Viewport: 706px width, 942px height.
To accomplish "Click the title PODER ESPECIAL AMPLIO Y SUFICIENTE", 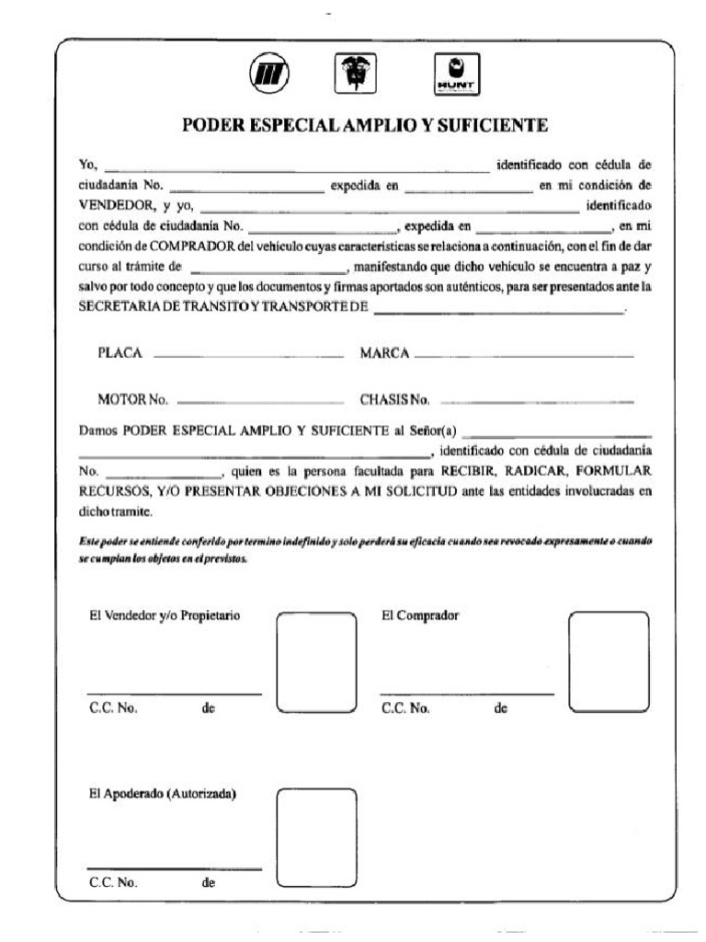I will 366,124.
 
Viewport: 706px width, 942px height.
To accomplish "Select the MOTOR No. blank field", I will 258,401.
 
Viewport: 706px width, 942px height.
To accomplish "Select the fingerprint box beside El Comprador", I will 609,661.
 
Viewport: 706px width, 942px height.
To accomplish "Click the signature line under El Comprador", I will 467,694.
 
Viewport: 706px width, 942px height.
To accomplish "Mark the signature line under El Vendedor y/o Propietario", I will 174,694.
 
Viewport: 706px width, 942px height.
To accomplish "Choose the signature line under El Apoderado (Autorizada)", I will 174,868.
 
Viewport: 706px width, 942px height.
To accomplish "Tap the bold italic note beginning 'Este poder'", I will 365,550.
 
